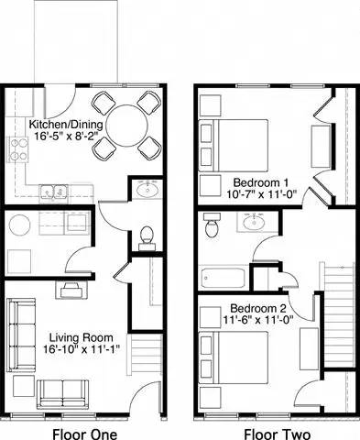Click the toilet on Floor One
click(x=145, y=236)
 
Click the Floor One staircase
click(x=147, y=357)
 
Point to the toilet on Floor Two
click(x=213, y=225)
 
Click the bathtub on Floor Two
click(x=224, y=277)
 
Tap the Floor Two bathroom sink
click(x=252, y=222)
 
